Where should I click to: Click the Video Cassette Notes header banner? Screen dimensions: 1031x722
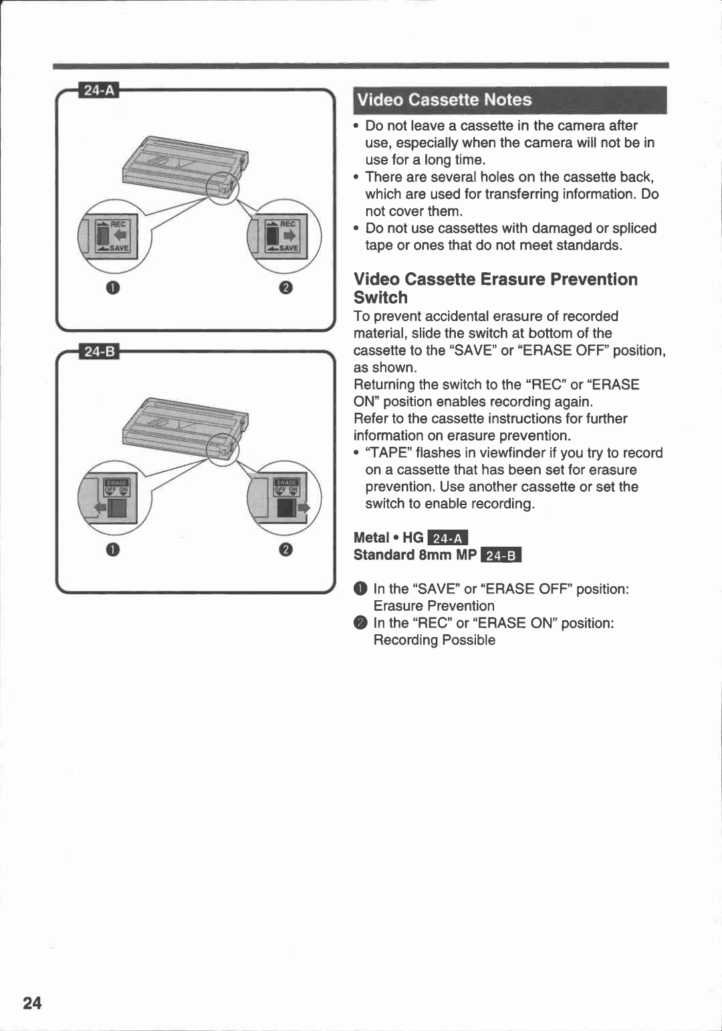(509, 100)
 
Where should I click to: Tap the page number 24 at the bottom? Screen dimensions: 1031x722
(32, 1002)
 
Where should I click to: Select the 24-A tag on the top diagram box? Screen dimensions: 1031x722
(99, 90)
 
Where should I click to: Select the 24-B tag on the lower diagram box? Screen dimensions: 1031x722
(99, 351)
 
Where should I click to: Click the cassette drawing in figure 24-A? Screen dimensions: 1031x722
(185, 167)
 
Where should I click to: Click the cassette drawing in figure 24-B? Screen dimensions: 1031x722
(185, 428)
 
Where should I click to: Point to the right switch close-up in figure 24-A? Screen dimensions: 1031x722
(284, 236)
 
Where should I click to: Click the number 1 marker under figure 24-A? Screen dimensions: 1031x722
(113, 288)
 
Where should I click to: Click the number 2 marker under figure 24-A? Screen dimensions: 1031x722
(285, 288)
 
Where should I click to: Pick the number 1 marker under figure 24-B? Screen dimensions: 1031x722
(113, 549)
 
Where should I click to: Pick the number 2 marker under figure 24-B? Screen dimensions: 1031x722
(285, 549)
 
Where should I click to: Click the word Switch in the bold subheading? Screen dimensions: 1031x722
(380, 298)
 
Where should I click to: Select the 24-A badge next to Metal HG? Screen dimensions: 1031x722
(448, 538)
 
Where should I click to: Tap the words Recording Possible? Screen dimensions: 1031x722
(434, 640)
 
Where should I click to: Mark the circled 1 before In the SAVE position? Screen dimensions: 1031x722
(360, 589)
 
